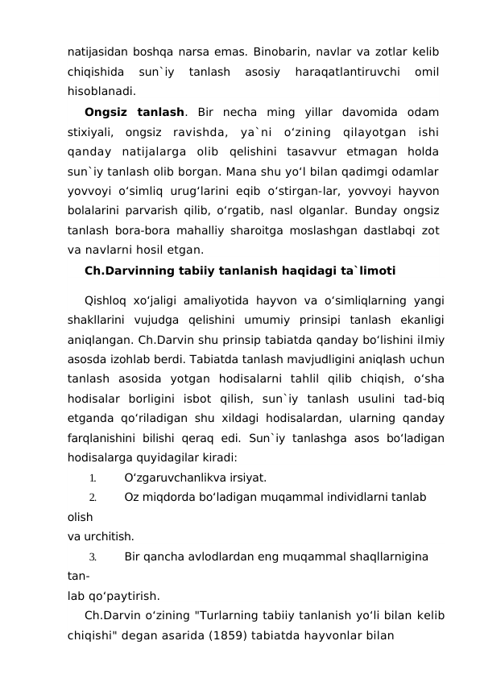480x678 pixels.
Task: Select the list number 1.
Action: click(x=93, y=477)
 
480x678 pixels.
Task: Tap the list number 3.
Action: click(x=93, y=556)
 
